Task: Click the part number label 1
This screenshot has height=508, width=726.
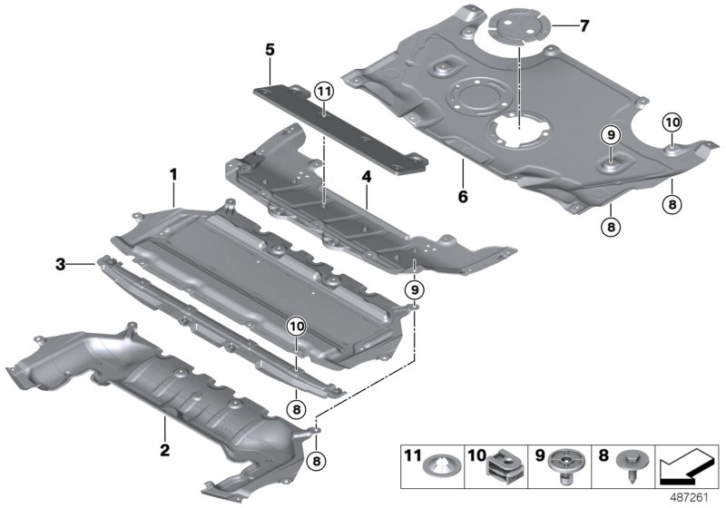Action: coord(173,171)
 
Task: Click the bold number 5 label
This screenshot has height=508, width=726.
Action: coord(270,49)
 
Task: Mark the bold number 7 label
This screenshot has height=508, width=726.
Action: coord(584,25)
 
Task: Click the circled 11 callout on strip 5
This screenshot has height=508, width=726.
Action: coord(324,89)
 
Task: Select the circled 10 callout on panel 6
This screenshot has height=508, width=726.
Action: coord(671,122)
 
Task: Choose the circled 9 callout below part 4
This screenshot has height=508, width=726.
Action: coord(414,289)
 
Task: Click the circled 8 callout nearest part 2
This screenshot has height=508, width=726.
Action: coord(315,461)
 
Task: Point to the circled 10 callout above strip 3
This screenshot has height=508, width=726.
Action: coord(296,326)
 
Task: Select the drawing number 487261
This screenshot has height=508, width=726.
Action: coord(694,497)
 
